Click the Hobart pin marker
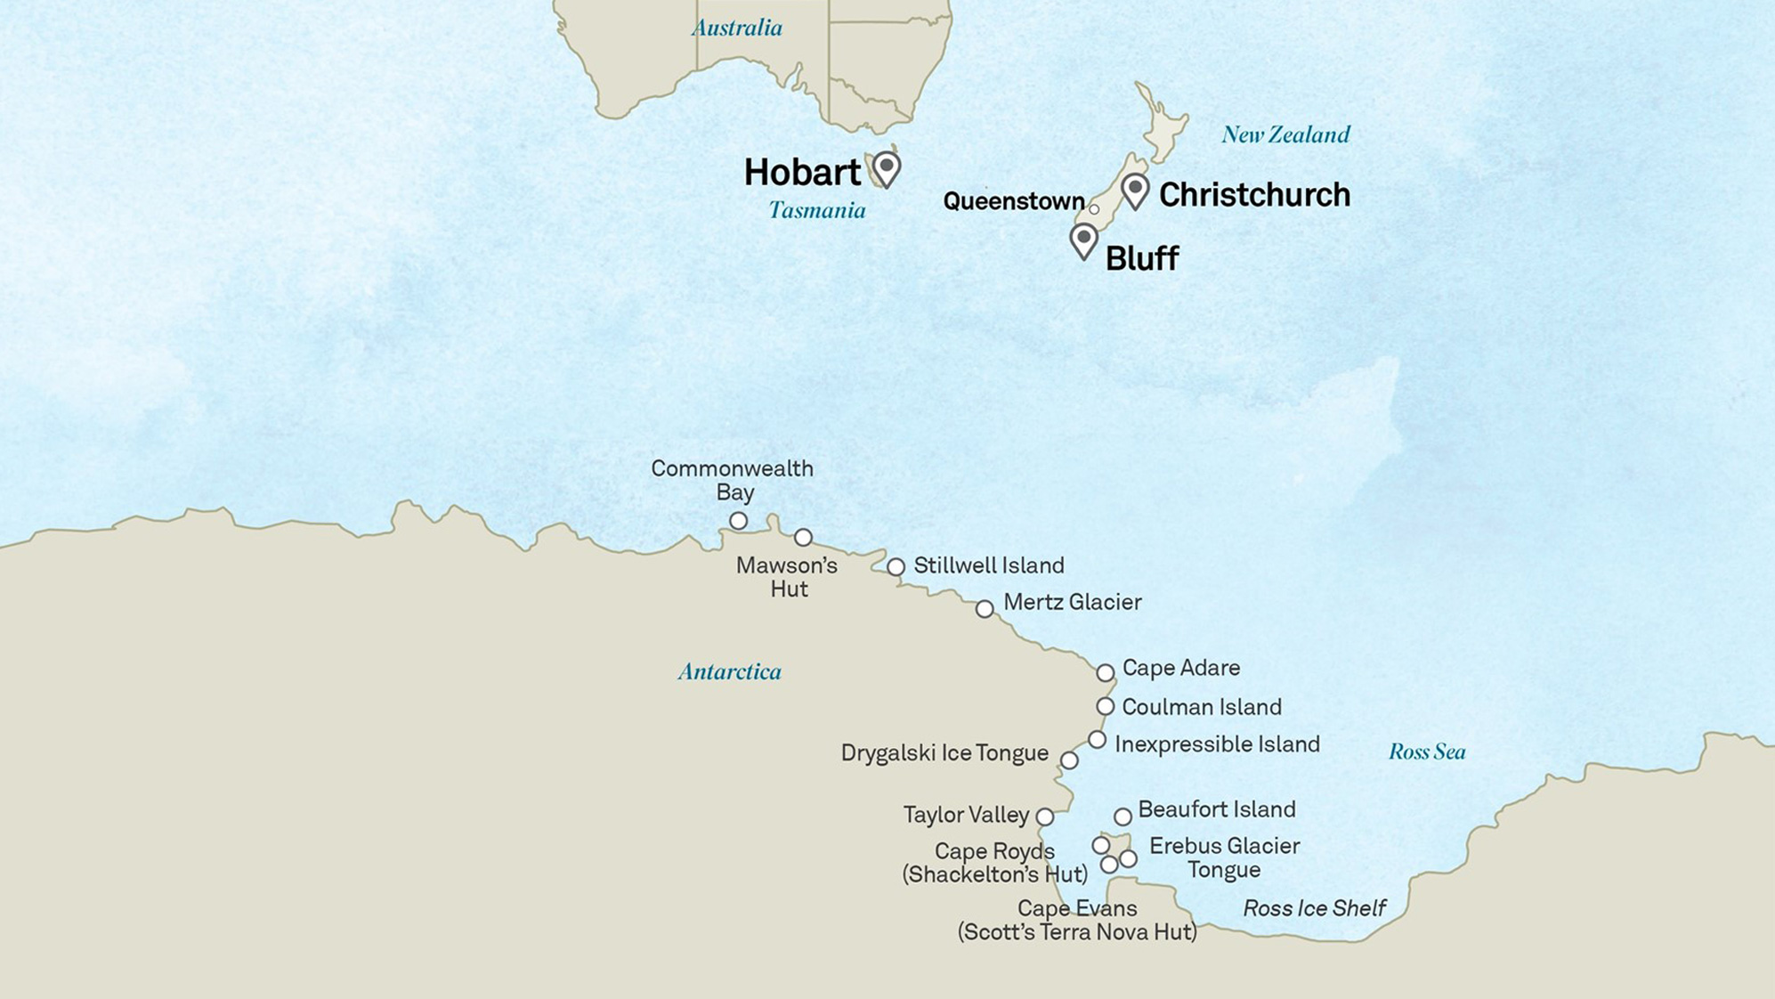tap(886, 167)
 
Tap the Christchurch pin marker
tap(1135, 190)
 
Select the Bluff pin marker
tap(1083, 240)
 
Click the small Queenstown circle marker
tap(1094, 209)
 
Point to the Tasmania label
tap(816, 210)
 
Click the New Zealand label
tap(1285, 134)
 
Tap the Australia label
tap(737, 28)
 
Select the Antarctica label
tap(729, 671)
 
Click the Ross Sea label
tap(1426, 751)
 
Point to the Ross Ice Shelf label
tap(1314, 908)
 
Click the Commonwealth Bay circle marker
tap(738, 520)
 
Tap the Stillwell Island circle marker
tap(896, 566)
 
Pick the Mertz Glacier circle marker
tap(984, 609)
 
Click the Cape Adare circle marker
tap(1105, 672)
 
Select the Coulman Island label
tap(1201, 707)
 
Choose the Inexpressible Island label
tap(1216, 744)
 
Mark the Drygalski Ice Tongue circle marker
tap(1069, 760)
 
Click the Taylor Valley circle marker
tap(1044, 816)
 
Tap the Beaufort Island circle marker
tap(1123, 816)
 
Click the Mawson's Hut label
tap(787, 577)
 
